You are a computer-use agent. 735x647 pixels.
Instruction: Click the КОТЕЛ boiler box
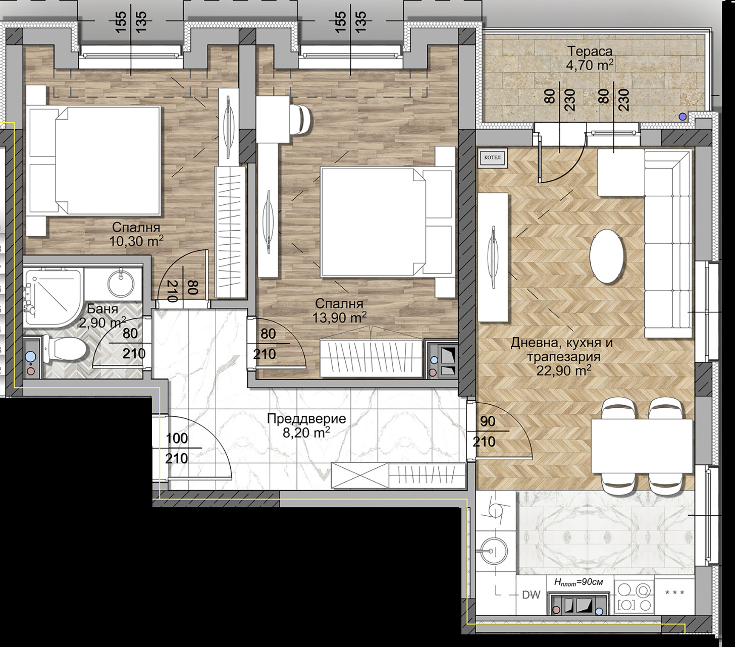point(492,157)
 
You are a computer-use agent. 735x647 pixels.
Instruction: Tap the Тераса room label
point(590,52)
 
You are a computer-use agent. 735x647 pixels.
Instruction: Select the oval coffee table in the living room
point(607,256)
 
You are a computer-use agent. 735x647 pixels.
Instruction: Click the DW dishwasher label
point(531,595)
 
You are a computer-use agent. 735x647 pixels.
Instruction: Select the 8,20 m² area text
point(306,433)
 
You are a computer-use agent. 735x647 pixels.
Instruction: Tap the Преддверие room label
point(306,419)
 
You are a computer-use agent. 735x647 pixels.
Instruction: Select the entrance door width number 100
point(177,438)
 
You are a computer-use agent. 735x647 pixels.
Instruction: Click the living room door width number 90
point(488,421)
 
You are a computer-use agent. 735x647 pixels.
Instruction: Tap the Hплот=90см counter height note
point(579,582)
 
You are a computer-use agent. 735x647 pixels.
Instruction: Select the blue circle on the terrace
point(683,117)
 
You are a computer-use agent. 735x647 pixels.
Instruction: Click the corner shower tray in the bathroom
point(53,296)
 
